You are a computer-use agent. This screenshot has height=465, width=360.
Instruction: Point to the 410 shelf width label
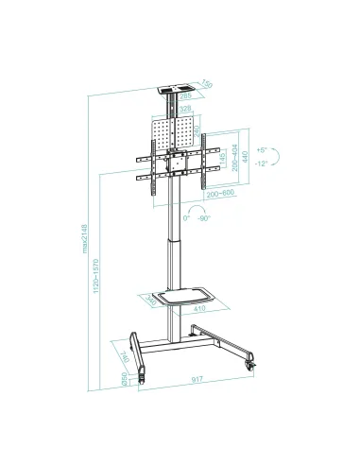(198, 308)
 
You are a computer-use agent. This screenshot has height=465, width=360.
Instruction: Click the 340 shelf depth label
(152, 302)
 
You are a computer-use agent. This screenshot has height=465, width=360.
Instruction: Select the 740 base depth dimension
(126, 355)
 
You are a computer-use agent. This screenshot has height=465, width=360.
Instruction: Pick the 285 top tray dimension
(185, 95)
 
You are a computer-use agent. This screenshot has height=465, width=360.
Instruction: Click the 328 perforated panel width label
(185, 110)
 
